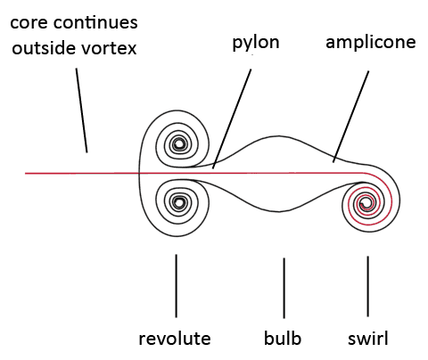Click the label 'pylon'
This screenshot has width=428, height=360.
pos(256,44)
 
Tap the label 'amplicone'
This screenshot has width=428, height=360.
pos(371,42)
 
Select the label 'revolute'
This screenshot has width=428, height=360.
pos(175,339)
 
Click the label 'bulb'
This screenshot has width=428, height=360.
pos(283,338)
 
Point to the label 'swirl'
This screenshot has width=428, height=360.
pos(368,338)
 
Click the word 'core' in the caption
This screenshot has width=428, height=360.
pos(29,22)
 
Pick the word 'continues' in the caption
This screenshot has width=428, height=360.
pos(95,22)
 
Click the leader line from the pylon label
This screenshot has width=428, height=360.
pos(232,119)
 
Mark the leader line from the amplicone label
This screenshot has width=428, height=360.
pos(350,117)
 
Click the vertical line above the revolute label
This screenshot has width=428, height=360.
pos(176,286)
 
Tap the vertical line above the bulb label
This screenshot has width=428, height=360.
pos(284,288)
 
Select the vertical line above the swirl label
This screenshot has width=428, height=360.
pos(368,286)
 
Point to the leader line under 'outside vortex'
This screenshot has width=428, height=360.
pos(82,110)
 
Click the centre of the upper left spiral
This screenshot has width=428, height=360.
pos(178,144)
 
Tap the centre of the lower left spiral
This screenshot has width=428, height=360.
pos(178,202)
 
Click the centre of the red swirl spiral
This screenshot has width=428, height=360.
pos(365,203)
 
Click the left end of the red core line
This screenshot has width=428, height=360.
pos(26,173)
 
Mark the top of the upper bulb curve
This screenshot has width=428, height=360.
pos(279,136)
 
